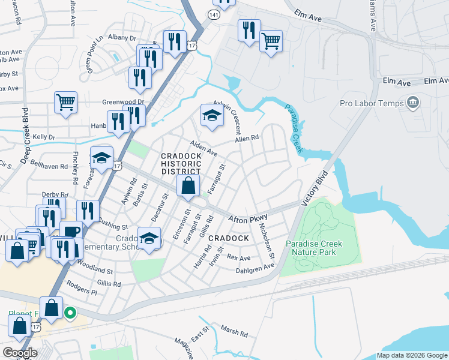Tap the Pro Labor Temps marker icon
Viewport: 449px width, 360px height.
pyautogui.click(x=412, y=103)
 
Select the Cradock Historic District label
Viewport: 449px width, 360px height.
pyautogui.click(x=188, y=164)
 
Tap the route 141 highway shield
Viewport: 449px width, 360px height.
pyautogui.click(x=214, y=13)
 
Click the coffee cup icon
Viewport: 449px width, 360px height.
pyautogui.click(x=71, y=231)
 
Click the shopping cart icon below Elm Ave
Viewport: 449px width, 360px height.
pyautogui.click(x=271, y=41)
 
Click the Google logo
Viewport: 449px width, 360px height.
pyautogui.click(x=20, y=353)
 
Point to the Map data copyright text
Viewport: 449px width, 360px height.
pyautogui.click(x=412, y=355)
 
